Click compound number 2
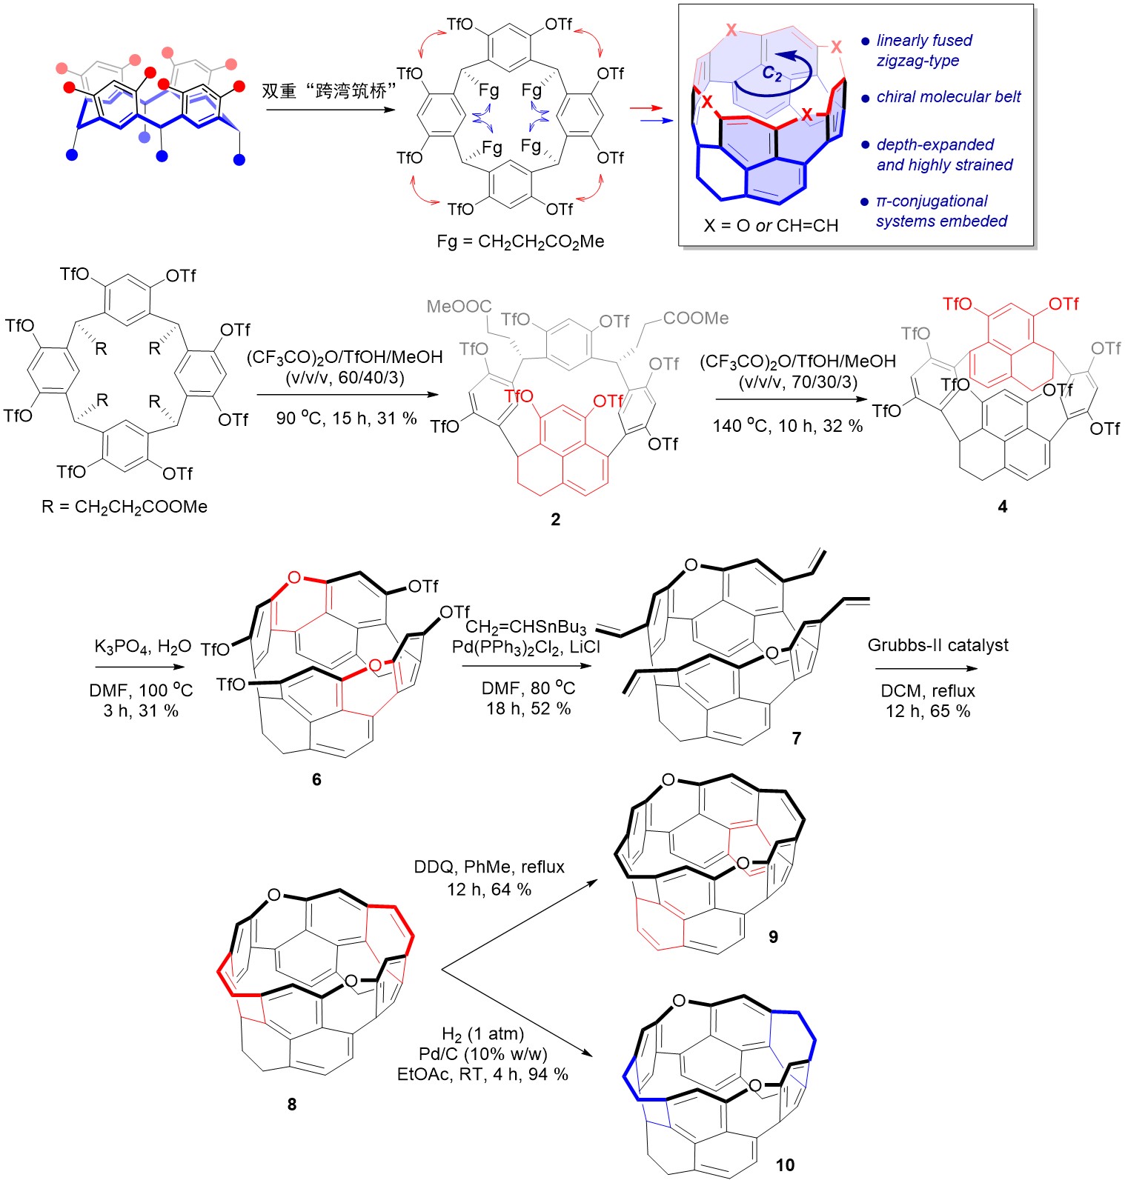(x=555, y=519)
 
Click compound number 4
(x=1002, y=507)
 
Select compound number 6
(x=316, y=779)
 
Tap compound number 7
(x=796, y=738)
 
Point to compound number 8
(x=291, y=1104)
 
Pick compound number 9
(x=773, y=937)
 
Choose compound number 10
(x=784, y=1165)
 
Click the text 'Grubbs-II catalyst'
(x=938, y=645)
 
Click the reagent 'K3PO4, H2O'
(x=142, y=647)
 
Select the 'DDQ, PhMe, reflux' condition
(x=489, y=867)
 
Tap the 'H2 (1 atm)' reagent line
(x=482, y=1033)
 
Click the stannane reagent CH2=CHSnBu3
(x=525, y=628)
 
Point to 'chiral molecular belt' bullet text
(x=948, y=97)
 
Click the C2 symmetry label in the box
(x=771, y=73)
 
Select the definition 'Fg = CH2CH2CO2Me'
(x=520, y=241)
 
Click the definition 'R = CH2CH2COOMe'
(x=125, y=507)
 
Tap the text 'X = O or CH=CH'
(x=771, y=225)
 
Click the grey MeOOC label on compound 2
(x=459, y=306)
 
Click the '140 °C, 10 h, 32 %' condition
(x=787, y=426)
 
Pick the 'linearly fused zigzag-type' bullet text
(x=923, y=50)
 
